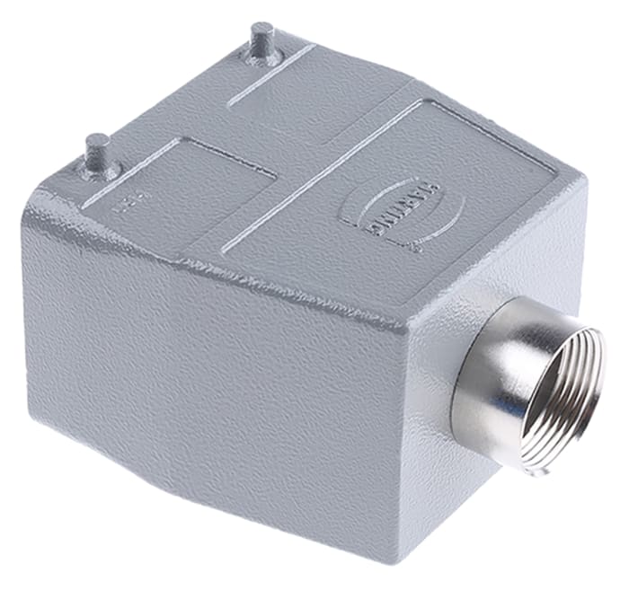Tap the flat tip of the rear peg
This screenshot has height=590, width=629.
tap(263, 28)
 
